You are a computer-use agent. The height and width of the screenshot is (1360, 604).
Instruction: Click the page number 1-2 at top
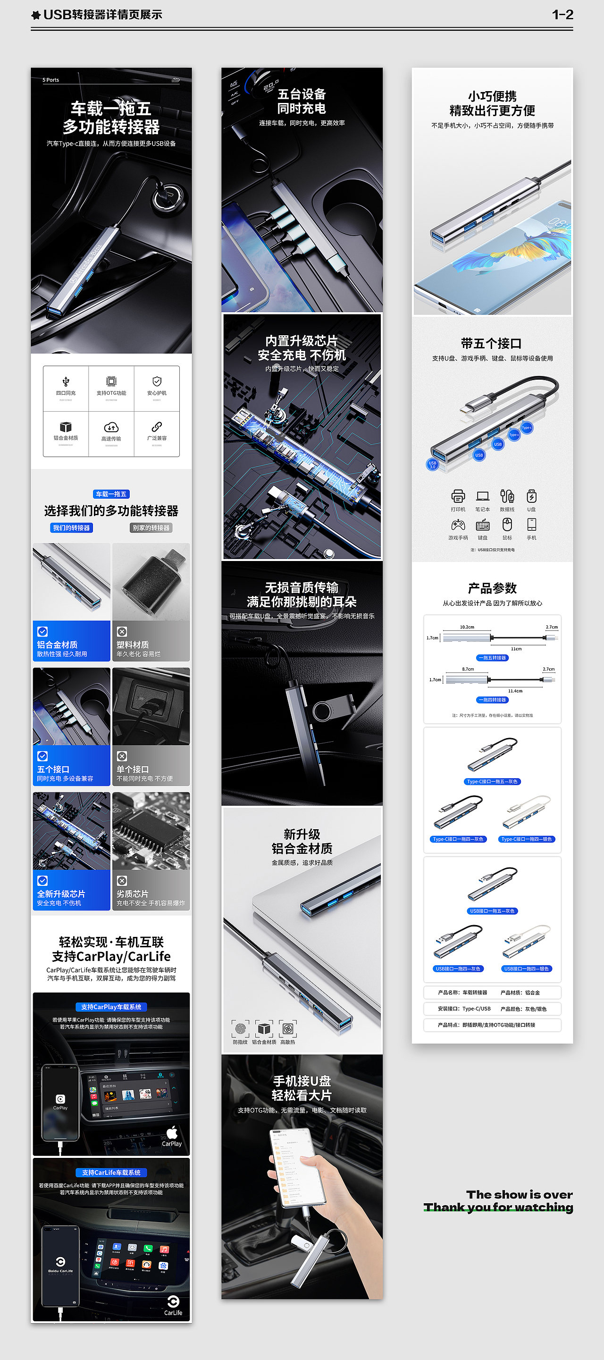tap(562, 15)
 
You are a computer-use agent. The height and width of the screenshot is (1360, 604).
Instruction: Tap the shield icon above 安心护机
tap(157, 381)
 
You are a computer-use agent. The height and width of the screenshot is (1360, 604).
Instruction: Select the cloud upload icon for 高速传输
tap(111, 426)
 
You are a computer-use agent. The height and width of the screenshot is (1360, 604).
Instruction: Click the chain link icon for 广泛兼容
tap(157, 426)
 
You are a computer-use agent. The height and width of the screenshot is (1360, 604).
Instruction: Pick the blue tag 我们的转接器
tap(72, 527)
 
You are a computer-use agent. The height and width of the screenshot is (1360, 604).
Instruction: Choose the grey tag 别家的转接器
tap(151, 527)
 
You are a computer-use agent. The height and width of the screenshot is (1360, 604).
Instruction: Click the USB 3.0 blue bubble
tap(432, 465)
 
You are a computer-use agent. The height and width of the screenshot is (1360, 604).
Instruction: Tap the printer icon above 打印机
tap(458, 496)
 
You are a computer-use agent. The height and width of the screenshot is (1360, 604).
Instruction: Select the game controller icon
tap(458, 525)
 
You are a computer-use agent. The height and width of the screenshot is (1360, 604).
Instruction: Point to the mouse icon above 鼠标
tap(507, 524)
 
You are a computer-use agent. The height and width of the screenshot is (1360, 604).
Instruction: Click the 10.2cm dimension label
tap(467, 627)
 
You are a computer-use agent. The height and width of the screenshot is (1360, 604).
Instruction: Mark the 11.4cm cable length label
tap(515, 690)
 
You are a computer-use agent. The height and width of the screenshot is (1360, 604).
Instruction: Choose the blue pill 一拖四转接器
tap(492, 699)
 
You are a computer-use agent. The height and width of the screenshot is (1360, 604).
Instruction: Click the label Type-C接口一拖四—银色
tap(527, 839)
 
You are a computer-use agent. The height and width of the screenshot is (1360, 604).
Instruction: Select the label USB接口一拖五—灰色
tap(492, 911)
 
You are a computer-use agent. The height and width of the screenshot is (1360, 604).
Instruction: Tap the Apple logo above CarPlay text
tap(172, 1132)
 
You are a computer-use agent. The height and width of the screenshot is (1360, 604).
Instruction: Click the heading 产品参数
tap(492, 588)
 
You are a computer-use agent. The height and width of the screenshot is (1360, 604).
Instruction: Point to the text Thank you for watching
tap(498, 1207)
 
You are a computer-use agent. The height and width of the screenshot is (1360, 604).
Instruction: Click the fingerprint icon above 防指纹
tap(241, 1028)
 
